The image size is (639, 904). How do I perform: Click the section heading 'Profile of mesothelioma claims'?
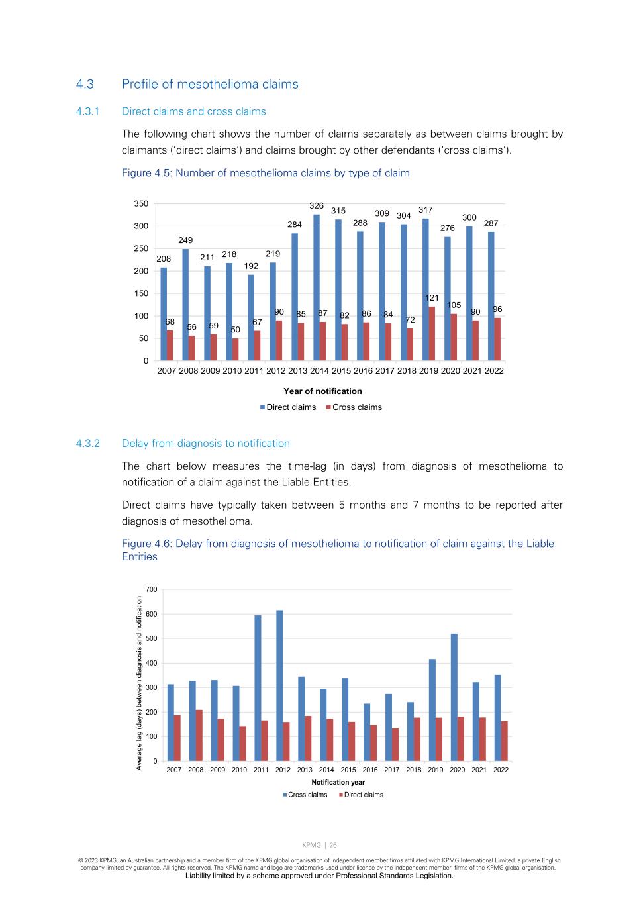tap(210, 85)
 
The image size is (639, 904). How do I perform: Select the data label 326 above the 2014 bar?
tap(317, 206)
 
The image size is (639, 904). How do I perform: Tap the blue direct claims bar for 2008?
tap(185, 305)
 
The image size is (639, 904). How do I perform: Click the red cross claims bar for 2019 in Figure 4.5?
tap(432, 333)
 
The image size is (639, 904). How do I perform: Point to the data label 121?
tap(432, 298)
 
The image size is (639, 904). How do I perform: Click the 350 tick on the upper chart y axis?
tap(141, 204)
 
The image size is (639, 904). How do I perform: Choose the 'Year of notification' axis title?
tap(322, 391)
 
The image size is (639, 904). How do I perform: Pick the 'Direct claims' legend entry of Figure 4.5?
tap(288, 407)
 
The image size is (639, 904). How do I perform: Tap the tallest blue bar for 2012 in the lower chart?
tap(279, 685)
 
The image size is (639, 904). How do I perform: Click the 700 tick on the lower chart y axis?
tap(152, 589)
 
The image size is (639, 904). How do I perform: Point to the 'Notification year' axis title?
tap(338, 782)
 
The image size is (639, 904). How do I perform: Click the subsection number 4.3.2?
tap(87, 444)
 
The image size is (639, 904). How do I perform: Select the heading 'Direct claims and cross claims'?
tap(193, 112)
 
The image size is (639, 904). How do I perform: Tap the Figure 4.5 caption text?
tap(266, 173)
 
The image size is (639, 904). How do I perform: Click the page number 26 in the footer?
tap(333, 845)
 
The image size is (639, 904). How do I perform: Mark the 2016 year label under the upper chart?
tap(363, 371)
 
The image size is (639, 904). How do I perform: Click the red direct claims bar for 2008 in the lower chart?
tap(199, 735)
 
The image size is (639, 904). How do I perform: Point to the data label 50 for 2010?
tap(235, 330)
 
